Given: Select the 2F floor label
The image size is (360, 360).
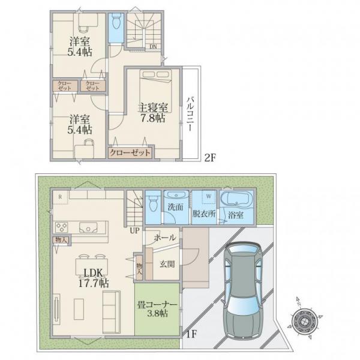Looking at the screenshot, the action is [x=211, y=158].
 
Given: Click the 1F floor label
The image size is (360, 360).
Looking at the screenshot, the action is [x=191, y=334].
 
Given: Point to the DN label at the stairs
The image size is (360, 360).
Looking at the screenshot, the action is [x=153, y=47].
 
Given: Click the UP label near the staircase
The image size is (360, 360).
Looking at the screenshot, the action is [x=134, y=230].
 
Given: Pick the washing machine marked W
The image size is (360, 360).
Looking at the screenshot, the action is [x=209, y=197].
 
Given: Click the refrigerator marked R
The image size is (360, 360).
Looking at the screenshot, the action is [x=61, y=197].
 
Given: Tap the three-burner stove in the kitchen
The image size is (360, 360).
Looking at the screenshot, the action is [x=62, y=227].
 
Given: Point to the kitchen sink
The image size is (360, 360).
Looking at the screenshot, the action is [x=88, y=227].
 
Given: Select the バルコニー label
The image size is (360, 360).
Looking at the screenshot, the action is [x=190, y=115].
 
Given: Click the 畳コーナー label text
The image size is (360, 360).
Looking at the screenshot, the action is [x=157, y=305].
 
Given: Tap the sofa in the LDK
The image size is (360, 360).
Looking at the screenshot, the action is [x=112, y=312].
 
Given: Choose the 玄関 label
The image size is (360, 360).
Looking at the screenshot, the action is [x=167, y=264].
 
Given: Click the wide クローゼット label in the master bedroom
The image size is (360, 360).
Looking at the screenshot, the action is [x=130, y=152].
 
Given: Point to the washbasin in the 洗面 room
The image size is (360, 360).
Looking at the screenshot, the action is [x=176, y=196].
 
